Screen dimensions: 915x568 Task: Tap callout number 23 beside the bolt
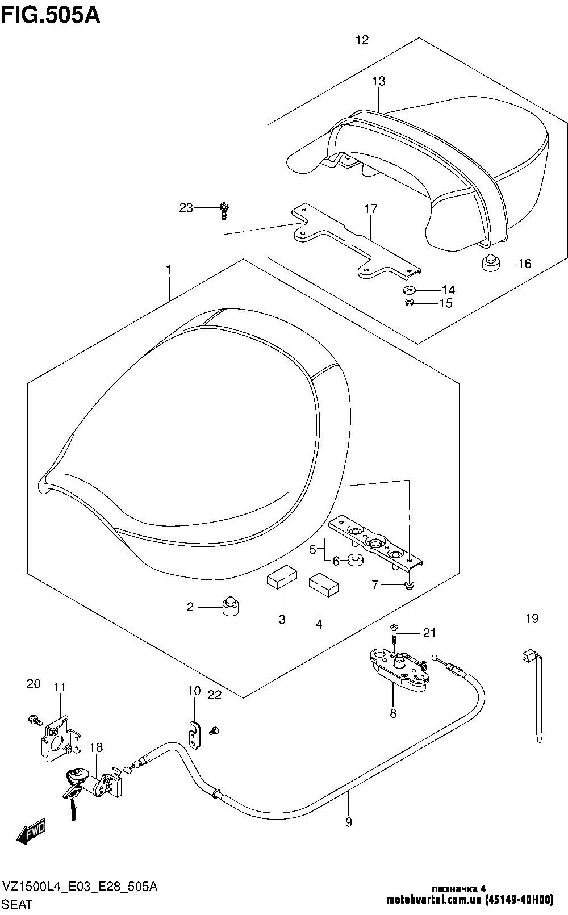coord(186,208)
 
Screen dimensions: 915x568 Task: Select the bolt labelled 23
coord(224,210)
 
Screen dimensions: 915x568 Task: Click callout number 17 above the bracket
coord(370,209)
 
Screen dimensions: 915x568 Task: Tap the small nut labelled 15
coord(408,302)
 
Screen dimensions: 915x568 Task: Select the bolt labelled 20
coord(34,720)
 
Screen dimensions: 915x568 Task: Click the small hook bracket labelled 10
coord(195,733)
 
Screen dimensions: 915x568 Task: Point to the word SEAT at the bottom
coord(18,904)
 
